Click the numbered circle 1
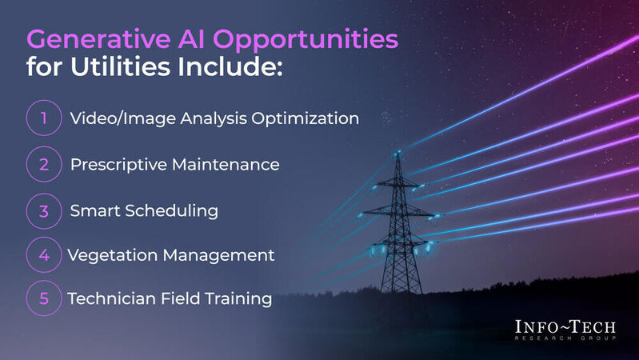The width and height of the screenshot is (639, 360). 45,119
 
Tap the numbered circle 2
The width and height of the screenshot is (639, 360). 45,165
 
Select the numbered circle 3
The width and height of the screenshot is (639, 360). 45,210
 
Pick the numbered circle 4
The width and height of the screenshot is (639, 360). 45,255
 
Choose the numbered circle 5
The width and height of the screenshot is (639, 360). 45,298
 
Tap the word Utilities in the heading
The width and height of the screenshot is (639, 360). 119,66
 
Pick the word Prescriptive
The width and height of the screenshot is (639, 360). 117,165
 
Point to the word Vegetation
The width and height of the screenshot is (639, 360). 108,255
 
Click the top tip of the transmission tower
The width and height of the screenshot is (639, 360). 397,153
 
